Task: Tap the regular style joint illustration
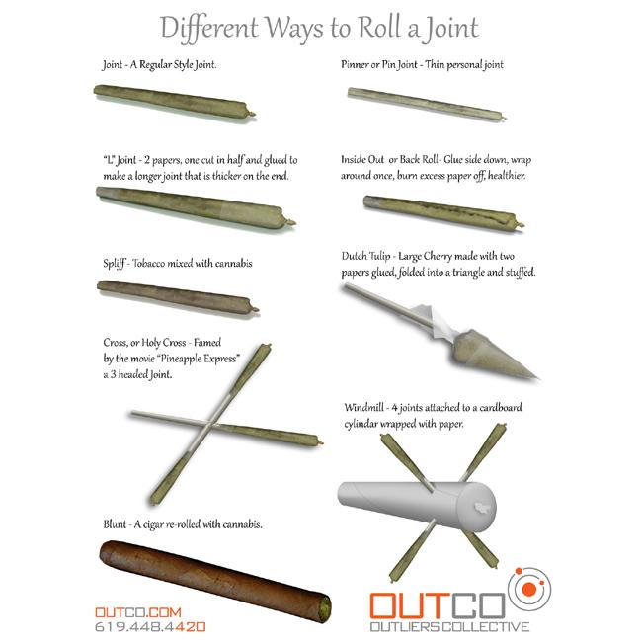[x=175, y=102]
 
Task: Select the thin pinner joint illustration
[x=427, y=104]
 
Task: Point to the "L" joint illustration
[x=196, y=207]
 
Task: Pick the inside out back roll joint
[x=443, y=213]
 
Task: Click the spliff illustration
[x=178, y=297]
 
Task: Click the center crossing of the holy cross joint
[x=210, y=425]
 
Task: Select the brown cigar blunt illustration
[x=215, y=579]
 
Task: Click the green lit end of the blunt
[x=325, y=605]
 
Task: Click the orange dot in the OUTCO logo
[x=529, y=589]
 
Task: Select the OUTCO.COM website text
[x=138, y=612]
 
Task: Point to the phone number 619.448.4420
[x=150, y=627]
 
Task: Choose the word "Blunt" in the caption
[x=115, y=524]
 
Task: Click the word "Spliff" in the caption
[x=114, y=264]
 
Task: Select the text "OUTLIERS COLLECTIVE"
[x=449, y=626]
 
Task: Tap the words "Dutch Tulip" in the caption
[x=365, y=257]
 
